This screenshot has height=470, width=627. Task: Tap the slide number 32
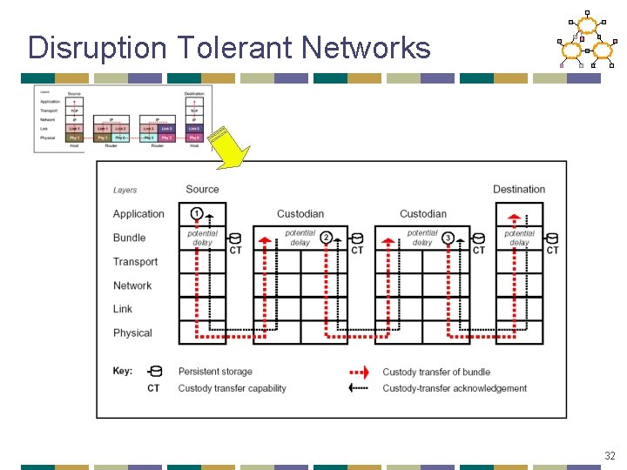point(610,455)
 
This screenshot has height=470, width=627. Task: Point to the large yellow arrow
point(228,148)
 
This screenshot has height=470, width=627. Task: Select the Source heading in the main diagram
point(202,189)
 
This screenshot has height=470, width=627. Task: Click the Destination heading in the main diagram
point(519,189)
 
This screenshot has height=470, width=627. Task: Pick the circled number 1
point(197,213)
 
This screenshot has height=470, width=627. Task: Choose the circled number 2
point(326,238)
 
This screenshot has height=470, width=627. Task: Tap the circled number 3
point(448,238)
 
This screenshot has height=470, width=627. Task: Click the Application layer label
point(138,214)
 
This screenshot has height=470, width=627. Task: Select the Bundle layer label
point(130,238)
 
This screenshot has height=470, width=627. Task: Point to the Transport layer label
point(136,262)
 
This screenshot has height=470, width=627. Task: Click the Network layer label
point(132,285)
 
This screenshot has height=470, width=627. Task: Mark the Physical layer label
point(132,333)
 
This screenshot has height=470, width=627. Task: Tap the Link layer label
point(123,309)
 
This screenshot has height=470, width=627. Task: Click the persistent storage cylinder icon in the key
point(155,372)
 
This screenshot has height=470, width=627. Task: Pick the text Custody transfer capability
point(233,388)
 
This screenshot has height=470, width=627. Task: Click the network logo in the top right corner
point(585,41)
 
